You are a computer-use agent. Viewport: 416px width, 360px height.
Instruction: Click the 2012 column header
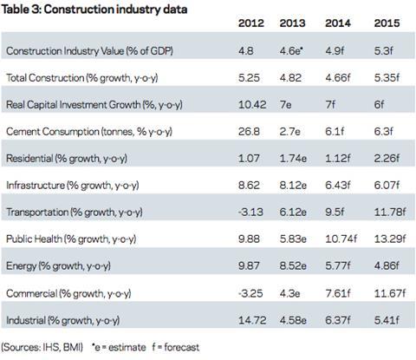point(251,23)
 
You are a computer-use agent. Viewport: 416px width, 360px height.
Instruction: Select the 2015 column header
point(387,23)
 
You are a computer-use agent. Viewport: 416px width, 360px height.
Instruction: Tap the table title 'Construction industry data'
point(115,10)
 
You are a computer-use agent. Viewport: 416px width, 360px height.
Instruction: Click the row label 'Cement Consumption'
point(53,132)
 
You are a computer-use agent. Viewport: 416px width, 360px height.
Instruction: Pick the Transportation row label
point(37,213)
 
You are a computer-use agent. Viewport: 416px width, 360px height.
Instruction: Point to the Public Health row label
point(34,239)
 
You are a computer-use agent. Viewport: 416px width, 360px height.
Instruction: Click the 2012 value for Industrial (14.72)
point(252,320)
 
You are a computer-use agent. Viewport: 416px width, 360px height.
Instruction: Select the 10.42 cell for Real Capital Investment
point(252,105)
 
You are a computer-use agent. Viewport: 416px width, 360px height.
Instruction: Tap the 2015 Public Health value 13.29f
point(390,239)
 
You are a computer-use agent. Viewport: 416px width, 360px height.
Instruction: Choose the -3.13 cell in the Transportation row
point(250,213)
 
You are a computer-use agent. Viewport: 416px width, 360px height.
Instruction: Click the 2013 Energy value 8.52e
point(293,266)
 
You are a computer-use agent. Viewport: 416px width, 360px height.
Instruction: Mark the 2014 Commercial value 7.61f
point(338,293)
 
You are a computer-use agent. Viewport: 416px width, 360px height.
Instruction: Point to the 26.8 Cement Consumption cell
point(249,132)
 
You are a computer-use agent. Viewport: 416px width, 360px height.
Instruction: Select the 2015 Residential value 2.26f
point(387,159)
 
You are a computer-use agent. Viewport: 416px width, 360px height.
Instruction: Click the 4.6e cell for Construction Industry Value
point(291,51)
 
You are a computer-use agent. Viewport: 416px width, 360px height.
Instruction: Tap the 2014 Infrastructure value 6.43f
point(338,186)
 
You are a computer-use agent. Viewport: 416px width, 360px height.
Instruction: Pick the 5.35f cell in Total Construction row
point(387,78)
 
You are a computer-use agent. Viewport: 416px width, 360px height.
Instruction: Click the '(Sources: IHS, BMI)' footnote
point(42,347)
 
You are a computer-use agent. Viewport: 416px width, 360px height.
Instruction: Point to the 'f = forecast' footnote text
point(176,347)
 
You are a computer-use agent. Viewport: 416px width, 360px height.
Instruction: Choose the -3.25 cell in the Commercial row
point(250,293)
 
